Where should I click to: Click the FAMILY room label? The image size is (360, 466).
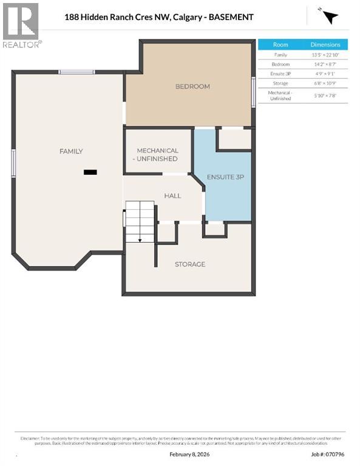[x=71, y=151]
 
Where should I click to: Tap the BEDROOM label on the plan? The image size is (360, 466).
[x=192, y=86]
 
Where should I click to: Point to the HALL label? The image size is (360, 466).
[x=173, y=196]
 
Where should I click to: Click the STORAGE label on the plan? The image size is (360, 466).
[x=190, y=264]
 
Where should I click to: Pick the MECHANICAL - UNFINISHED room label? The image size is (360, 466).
[x=157, y=154]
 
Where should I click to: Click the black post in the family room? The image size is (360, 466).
[x=90, y=172]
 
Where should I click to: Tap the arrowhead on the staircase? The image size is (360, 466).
[x=140, y=240]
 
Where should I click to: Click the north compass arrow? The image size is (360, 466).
[x=330, y=17]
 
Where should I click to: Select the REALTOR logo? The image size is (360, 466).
[x=21, y=25]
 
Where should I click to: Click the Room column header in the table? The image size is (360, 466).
[x=280, y=45]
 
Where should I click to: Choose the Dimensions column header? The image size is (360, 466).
[x=325, y=45]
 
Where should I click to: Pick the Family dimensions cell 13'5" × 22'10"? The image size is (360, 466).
[x=325, y=55]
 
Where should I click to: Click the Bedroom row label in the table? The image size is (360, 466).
[x=280, y=64]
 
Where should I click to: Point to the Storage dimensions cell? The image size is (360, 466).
[x=325, y=84]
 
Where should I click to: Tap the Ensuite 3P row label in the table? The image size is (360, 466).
[x=280, y=74]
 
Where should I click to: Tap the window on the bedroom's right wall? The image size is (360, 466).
[x=253, y=92]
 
